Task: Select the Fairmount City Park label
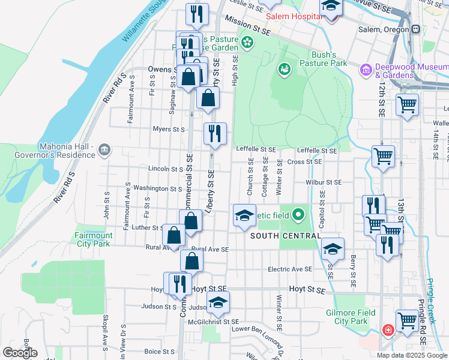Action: pyautogui.click(x=93, y=239)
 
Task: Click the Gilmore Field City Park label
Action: pyautogui.click(x=351, y=317)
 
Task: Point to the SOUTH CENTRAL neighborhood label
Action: pyautogui.click(x=285, y=236)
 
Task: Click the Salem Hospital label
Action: pyautogui.click(x=294, y=16)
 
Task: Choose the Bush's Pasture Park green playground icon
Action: pyautogui.click(x=283, y=70)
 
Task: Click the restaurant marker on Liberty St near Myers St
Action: pyautogui.click(x=214, y=133)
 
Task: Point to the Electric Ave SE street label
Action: pyautogui.click(x=290, y=269)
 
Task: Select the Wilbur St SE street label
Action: pyautogui.click(x=323, y=182)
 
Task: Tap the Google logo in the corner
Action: pyautogui.click(x=20, y=353)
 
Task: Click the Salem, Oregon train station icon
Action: pyautogui.click(x=415, y=29)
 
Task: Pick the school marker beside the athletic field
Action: pyautogui.click(x=244, y=216)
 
